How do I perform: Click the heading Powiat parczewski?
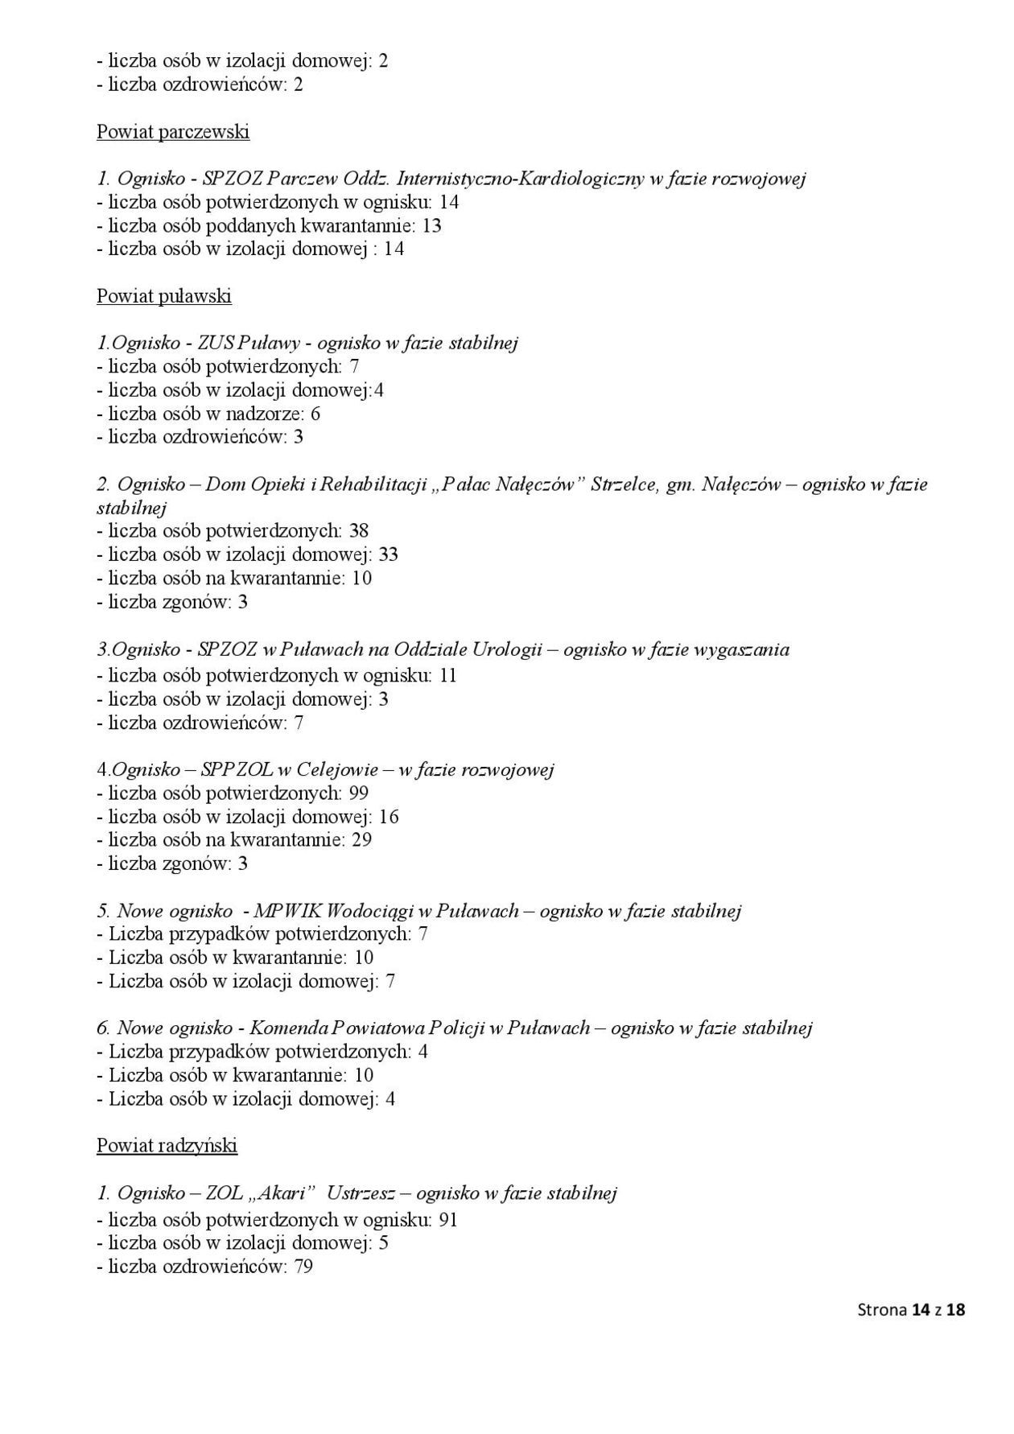173,132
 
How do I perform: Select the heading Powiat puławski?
164,296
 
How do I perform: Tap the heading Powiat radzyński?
167,1145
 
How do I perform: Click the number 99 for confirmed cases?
359,793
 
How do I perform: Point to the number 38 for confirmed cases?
359,531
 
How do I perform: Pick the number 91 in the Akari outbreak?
448,1220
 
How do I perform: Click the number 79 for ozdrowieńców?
303,1267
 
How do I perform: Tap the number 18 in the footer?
955,1310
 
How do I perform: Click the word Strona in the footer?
882,1310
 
